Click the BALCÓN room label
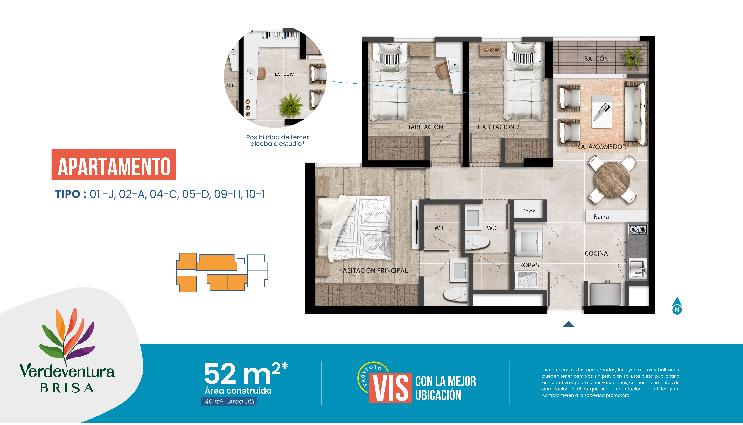pyautogui.click(x=596, y=59)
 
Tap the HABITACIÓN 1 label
pyautogui.click(x=427, y=127)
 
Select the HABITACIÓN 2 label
pyautogui.click(x=498, y=127)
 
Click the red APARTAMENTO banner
pyautogui.click(x=114, y=165)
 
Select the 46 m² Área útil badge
pyautogui.click(x=229, y=401)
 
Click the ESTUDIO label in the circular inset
pyautogui.click(x=284, y=74)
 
